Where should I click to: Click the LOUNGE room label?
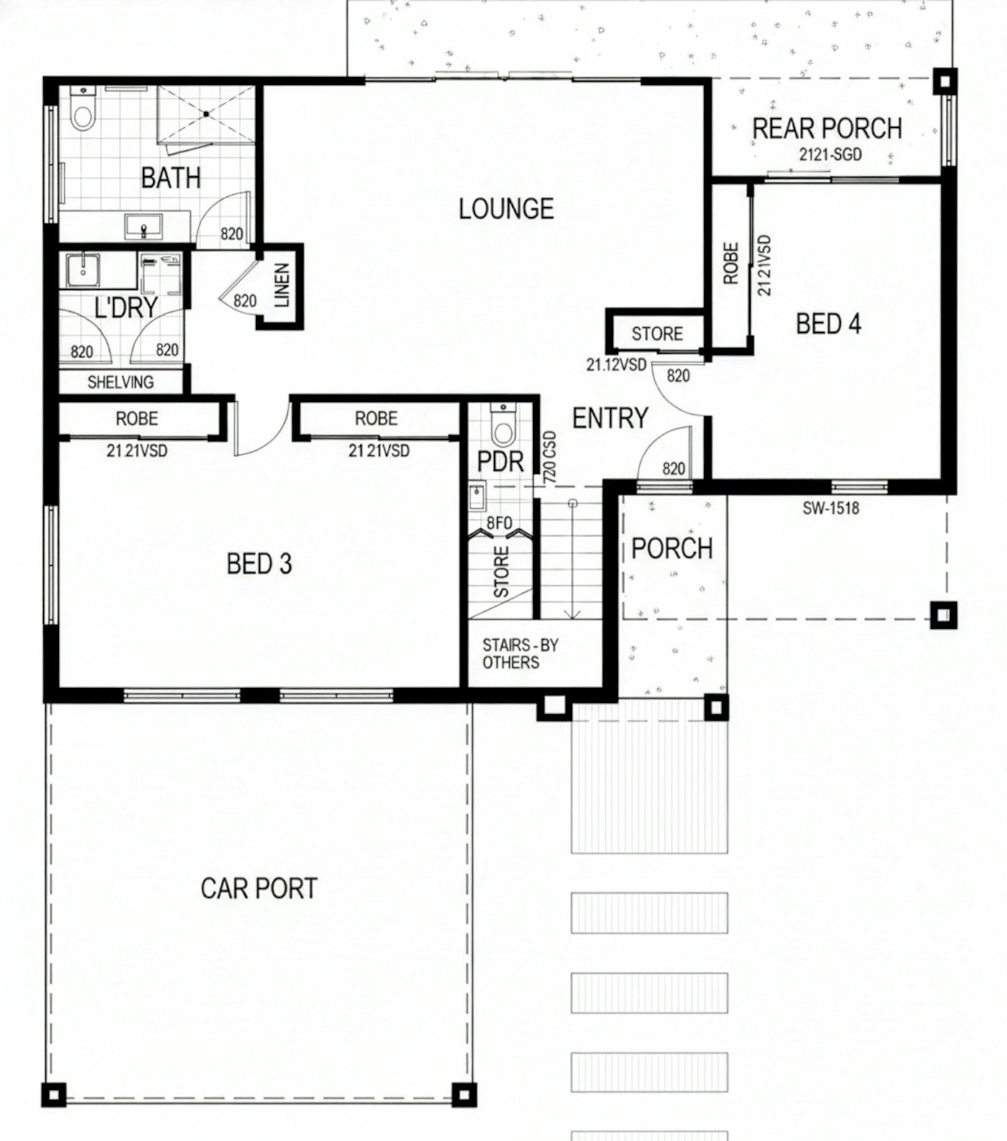pyautogui.click(x=506, y=209)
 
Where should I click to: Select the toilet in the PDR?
pyautogui.click(x=503, y=426)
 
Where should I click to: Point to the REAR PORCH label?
pyautogui.click(x=827, y=129)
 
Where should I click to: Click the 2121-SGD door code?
pyautogui.click(x=830, y=155)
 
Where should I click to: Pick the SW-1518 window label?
pyautogui.click(x=831, y=508)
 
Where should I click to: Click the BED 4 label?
pyautogui.click(x=828, y=324)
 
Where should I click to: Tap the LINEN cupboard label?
pyautogui.click(x=281, y=285)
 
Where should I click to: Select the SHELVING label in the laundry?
pyautogui.click(x=120, y=382)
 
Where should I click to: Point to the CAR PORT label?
pyautogui.click(x=259, y=889)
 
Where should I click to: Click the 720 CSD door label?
pyautogui.click(x=550, y=457)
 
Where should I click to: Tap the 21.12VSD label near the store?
pyautogui.click(x=616, y=365)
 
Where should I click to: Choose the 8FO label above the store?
pyautogui.click(x=499, y=523)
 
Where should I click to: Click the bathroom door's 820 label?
pyautogui.click(x=232, y=234)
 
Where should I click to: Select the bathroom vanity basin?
pyautogui.click(x=144, y=226)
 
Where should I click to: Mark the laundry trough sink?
pyautogui.click(x=83, y=270)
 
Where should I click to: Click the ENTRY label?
pyautogui.click(x=610, y=418)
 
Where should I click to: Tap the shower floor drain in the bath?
pyautogui.click(x=206, y=114)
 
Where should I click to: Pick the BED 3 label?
pyautogui.click(x=259, y=564)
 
